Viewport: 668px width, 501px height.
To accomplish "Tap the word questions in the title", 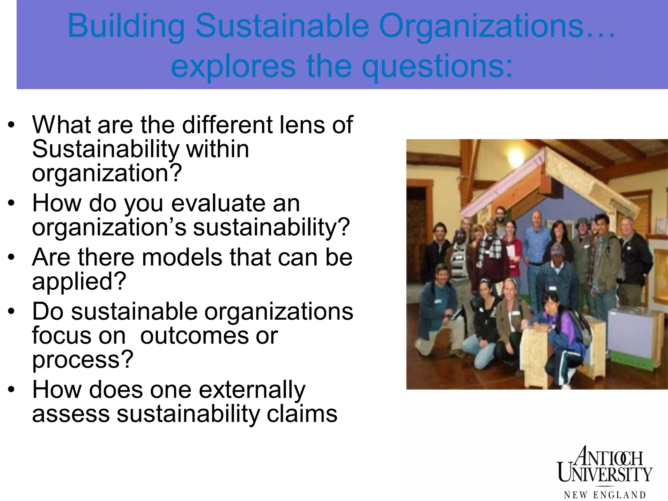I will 437,67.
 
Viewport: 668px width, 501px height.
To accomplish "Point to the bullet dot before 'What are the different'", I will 11,125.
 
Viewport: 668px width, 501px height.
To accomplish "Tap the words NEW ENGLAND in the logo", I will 605,495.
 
